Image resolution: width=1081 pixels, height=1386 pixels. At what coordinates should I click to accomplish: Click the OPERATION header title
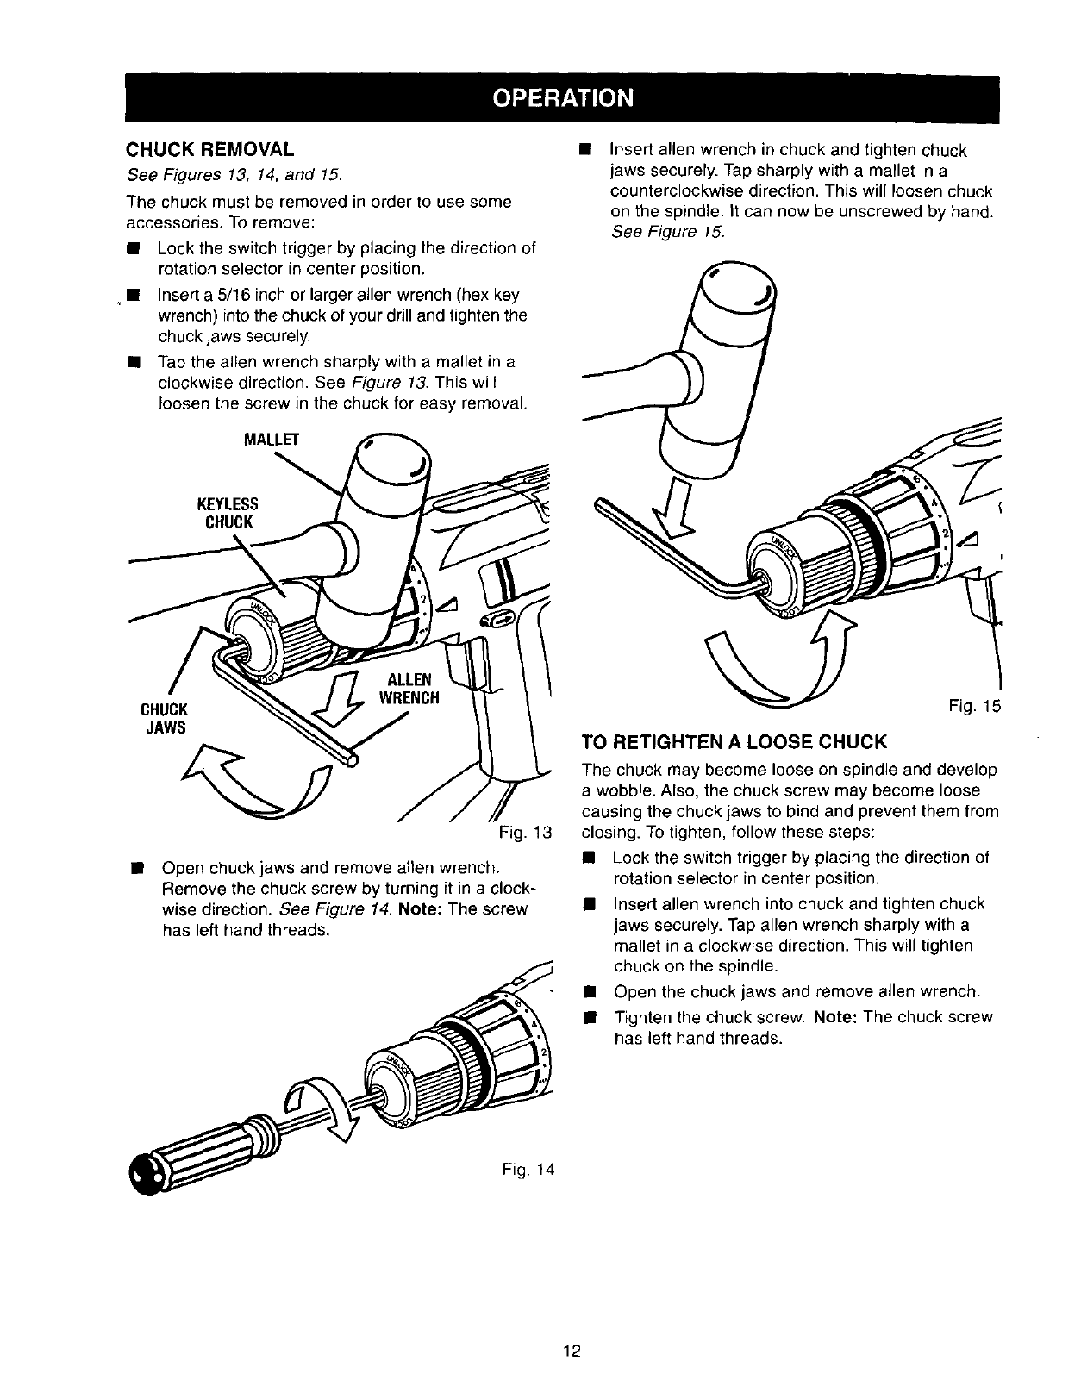(x=562, y=97)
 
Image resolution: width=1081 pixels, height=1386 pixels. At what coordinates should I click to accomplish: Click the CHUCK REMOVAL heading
(x=210, y=149)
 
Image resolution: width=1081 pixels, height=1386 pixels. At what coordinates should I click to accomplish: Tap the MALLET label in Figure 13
(x=272, y=440)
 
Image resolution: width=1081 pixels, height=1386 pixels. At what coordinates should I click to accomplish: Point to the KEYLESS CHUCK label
(x=228, y=513)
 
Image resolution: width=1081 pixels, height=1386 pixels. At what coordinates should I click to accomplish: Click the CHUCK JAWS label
(x=164, y=718)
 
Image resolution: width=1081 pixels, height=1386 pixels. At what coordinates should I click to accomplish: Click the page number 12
(x=569, y=1351)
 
